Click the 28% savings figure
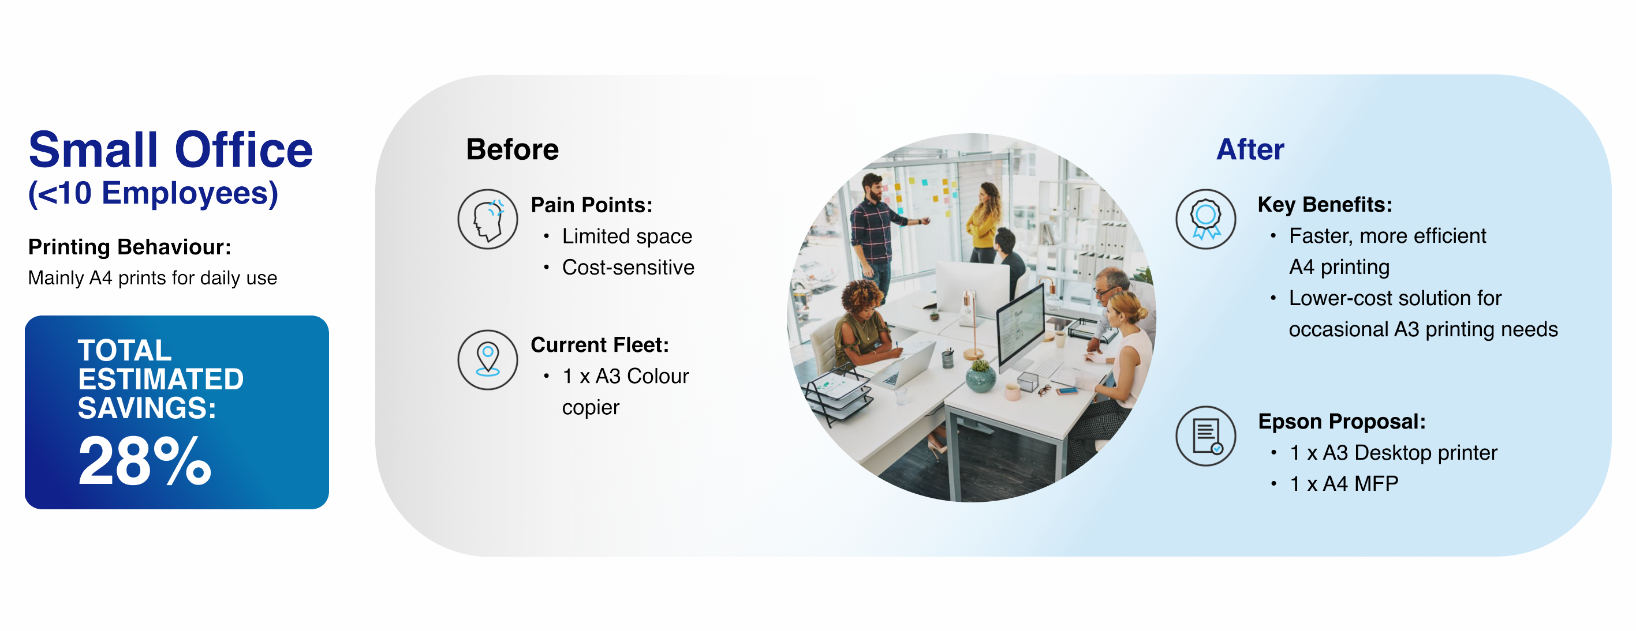coord(144,461)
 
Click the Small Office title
coord(171,151)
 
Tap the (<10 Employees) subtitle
coord(153,194)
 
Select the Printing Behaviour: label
coord(129,246)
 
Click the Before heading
coord(513,149)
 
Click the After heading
coord(1250,149)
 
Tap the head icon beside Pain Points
coord(488,219)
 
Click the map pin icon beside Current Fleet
coord(488,359)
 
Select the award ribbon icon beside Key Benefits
coord(1205,219)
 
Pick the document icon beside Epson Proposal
coord(1205,436)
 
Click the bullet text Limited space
coord(627,236)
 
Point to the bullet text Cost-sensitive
coord(628,267)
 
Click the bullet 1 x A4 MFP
coord(1344,484)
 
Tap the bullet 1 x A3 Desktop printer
coord(1394,453)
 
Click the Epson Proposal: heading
coord(1342,422)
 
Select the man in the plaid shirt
coord(880,228)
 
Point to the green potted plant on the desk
coord(981,374)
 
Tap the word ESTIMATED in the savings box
coord(160,379)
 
